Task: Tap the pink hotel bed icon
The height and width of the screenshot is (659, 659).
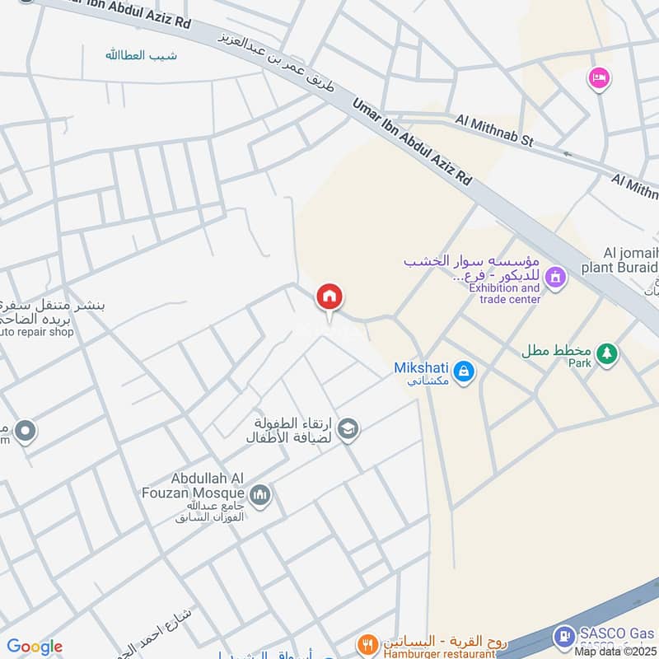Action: [x=598, y=79]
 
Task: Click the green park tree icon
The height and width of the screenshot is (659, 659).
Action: [x=607, y=353]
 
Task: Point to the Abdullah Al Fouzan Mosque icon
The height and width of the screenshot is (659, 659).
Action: [x=261, y=494]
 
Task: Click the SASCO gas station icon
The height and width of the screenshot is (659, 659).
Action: [x=564, y=635]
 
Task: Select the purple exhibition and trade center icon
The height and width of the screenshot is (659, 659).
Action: [x=556, y=277]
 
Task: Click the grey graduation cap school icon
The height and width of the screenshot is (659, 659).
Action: [x=348, y=428]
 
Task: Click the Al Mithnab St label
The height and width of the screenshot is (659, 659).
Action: [x=494, y=131]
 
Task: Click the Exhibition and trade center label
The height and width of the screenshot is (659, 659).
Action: [x=504, y=294]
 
